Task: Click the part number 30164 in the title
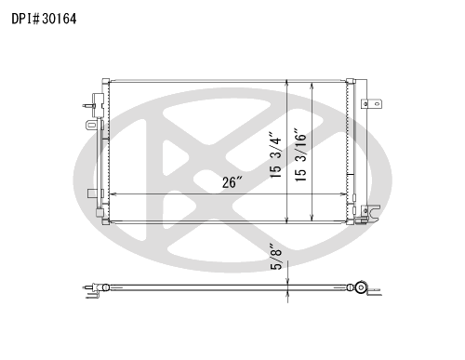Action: click(60, 19)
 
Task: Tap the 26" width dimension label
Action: click(232, 182)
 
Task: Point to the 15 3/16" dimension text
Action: click(300, 154)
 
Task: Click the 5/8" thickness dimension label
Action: click(276, 256)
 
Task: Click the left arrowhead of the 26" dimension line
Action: click(113, 194)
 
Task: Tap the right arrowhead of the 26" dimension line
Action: click(343, 194)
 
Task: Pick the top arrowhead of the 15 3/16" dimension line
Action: click(312, 87)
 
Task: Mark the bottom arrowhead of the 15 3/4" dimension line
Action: click(287, 220)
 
